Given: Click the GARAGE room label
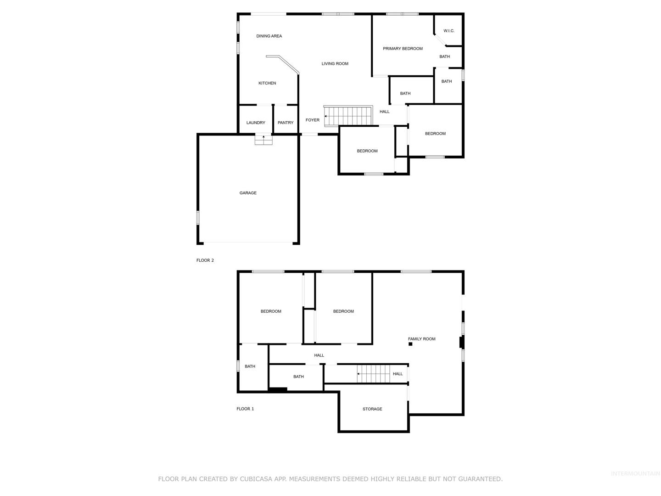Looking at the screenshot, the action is pos(248,193).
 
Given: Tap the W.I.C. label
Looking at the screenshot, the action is pos(448,31).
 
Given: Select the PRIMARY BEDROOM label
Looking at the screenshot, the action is pos(403,49).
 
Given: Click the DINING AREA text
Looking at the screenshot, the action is pos(269,36).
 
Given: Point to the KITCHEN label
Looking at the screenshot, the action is pos(267,83).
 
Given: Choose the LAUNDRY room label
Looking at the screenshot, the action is pos(256,123).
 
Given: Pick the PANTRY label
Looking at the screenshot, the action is pos(286,123).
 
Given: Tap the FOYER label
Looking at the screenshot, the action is pos(312,120).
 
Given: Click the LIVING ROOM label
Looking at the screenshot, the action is pos(335,63).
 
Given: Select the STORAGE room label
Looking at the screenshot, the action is pos(372,409).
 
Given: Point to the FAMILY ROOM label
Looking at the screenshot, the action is pos(421,339).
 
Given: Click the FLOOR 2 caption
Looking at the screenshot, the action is pos(205,260).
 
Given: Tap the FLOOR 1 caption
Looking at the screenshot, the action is pos(245,409).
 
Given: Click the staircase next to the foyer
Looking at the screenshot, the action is pos(348,115).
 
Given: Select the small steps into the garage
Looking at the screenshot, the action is pos(263,140).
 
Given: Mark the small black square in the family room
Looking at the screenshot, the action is pos(410,344).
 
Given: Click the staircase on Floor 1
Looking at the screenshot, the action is pos(373,374).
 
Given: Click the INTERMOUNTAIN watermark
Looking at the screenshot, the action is pos(635,473).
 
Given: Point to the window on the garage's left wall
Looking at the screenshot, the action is pos(198,217).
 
